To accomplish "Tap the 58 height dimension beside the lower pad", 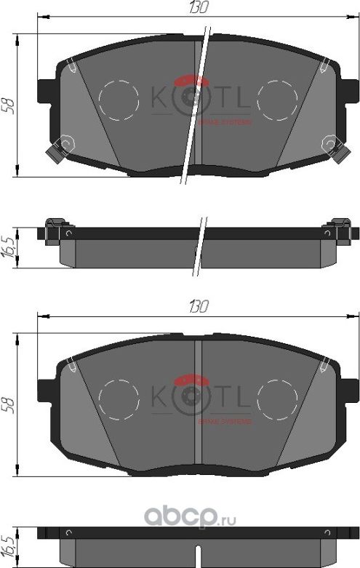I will click(8, 404).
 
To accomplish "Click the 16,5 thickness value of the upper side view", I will click(8, 243).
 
